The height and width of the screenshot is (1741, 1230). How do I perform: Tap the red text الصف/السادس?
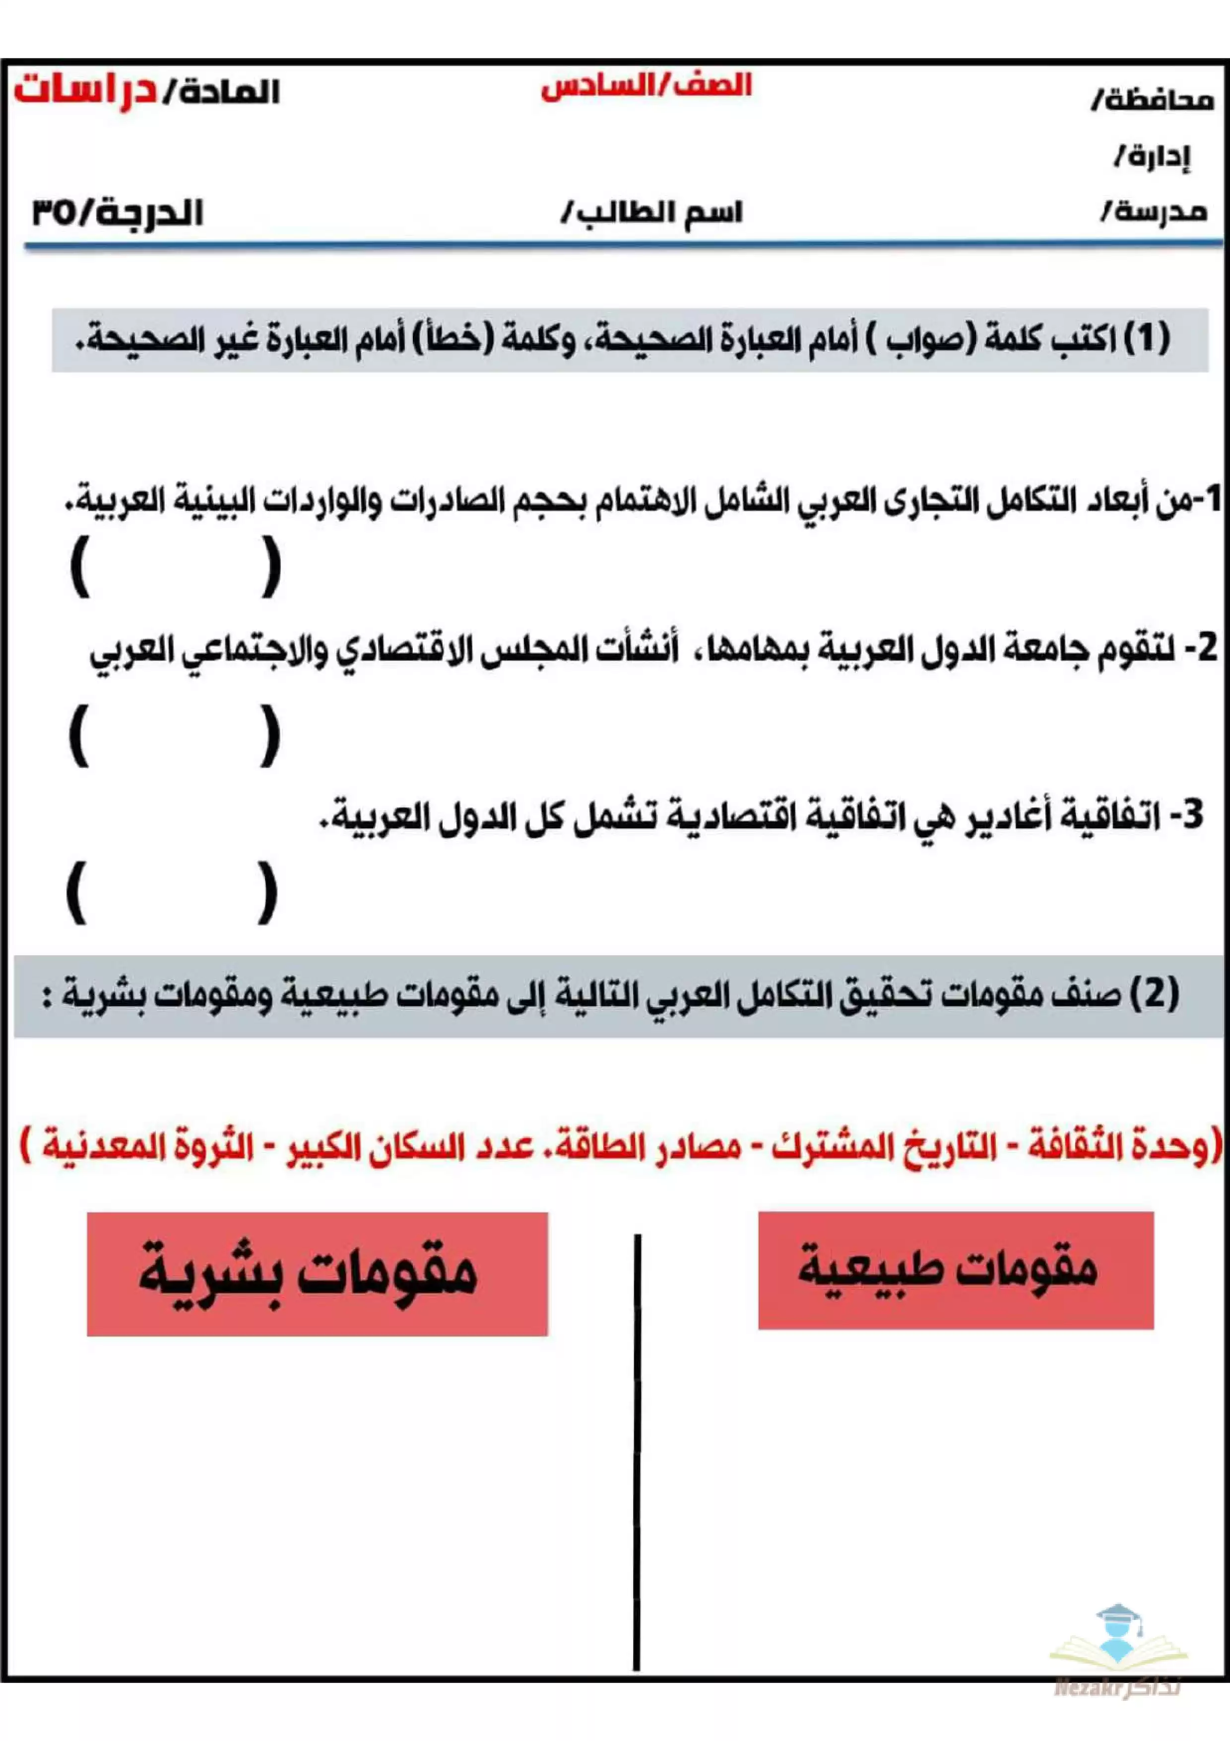click(646, 86)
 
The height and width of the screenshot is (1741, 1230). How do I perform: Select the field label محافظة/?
click(1152, 101)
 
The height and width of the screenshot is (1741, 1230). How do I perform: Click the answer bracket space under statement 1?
click(176, 567)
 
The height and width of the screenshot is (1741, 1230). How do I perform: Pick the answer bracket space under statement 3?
click(172, 892)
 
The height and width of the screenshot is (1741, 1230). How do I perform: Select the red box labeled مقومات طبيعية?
click(955, 1270)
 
